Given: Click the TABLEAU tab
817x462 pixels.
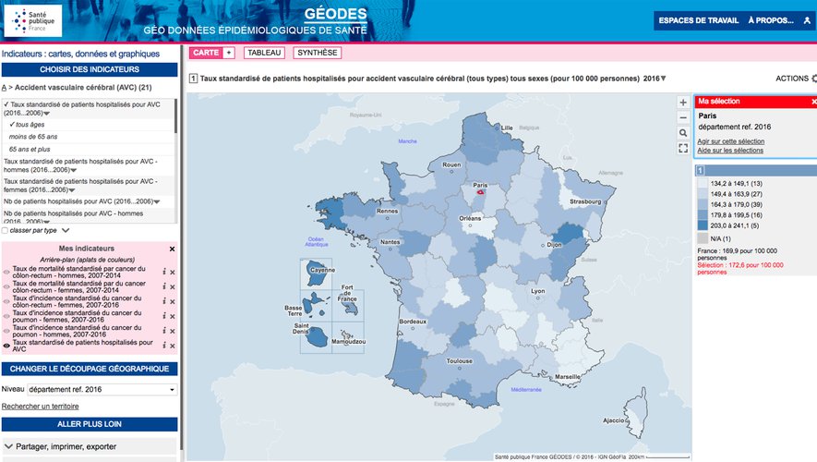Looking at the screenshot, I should click(264, 53).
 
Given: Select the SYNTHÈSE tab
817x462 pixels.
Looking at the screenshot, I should click(318, 53).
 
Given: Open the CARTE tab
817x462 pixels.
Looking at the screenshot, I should click(206, 53).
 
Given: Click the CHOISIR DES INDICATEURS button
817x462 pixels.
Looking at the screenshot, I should click(90, 69).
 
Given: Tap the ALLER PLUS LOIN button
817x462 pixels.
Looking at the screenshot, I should click(90, 423).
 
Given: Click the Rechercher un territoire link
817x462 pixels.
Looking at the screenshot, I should click(41, 407).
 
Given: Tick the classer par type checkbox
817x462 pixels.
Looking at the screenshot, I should click(6, 230).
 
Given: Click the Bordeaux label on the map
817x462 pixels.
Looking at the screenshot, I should click(412, 321).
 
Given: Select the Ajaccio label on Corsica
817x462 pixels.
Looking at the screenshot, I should click(613, 420).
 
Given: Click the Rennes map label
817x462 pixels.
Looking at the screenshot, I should click(387, 210).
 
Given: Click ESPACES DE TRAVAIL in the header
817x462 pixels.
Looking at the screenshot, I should click(697, 20).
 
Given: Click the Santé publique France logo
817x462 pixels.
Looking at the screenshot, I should click(33, 20).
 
